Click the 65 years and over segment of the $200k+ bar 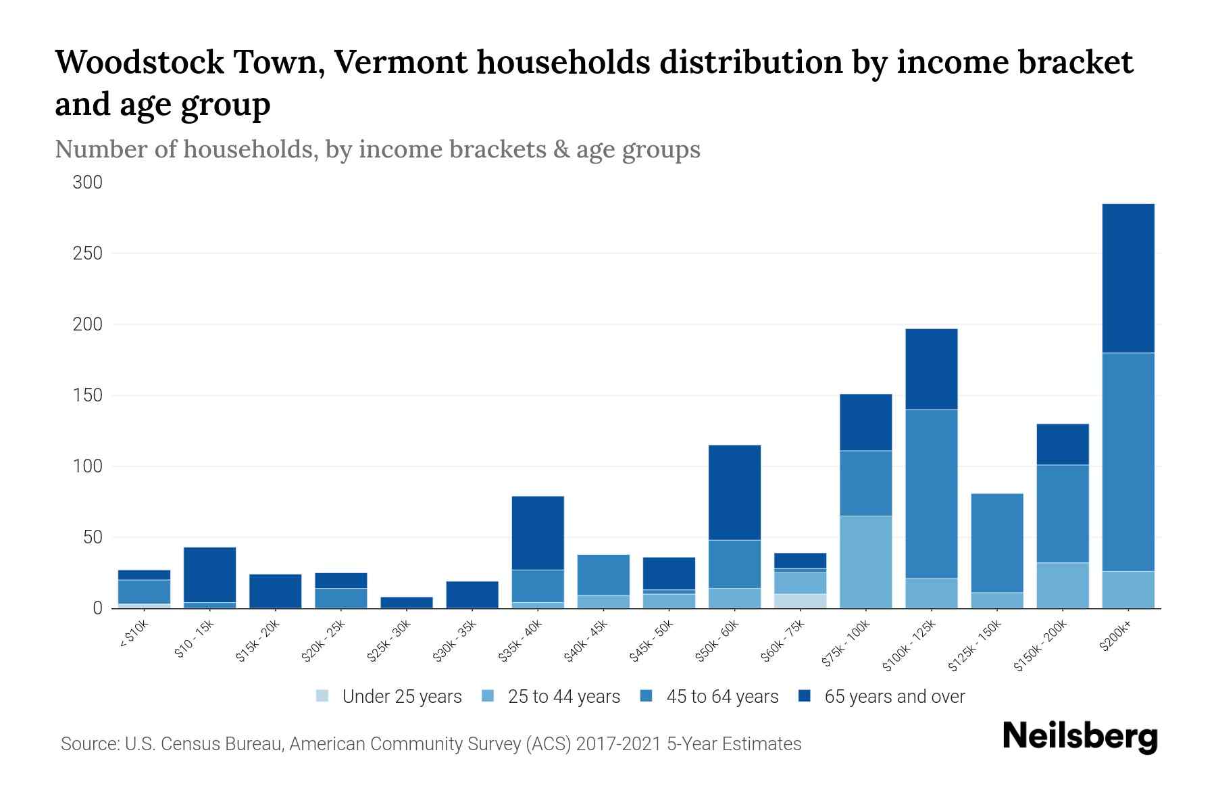click(1128, 278)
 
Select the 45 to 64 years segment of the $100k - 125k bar click(931, 493)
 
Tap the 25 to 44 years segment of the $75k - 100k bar click(865, 562)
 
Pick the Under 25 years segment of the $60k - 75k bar click(800, 601)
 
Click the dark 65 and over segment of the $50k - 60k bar click(734, 492)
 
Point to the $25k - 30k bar click(407, 602)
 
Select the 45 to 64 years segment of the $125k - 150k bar click(996, 543)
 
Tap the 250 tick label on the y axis click(88, 253)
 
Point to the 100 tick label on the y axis click(88, 466)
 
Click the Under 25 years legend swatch click(323, 696)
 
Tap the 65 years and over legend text click(894, 697)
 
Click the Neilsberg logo click(1080, 737)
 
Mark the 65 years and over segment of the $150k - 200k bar click(1062, 444)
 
